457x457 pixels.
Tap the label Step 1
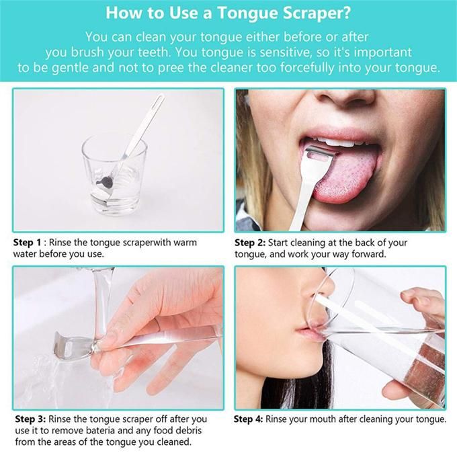point(27,243)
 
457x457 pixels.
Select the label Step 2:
point(250,243)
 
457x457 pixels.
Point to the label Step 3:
point(30,419)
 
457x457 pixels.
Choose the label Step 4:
point(248,419)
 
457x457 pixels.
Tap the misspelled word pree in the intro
point(171,67)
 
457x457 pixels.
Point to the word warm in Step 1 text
point(185,243)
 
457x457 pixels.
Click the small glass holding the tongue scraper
point(114,174)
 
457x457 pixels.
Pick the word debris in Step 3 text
point(188,430)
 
